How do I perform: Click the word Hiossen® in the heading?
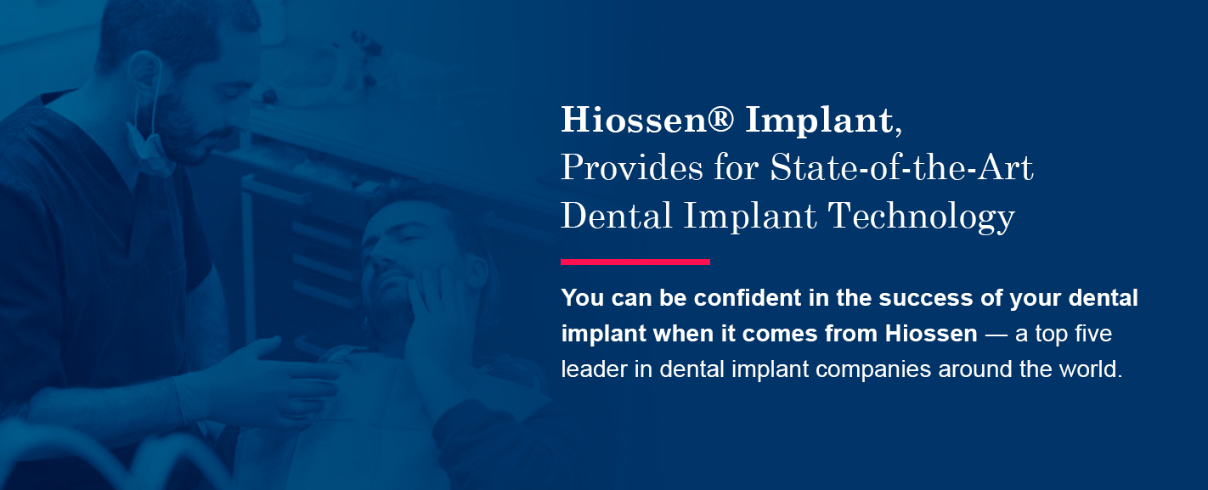[x=647, y=119]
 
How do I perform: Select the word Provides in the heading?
[x=632, y=167]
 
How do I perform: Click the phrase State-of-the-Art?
[x=901, y=167]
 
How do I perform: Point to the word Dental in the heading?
[x=617, y=216]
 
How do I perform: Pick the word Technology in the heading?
[x=922, y=217]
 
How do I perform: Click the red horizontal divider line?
[x=635, y=262]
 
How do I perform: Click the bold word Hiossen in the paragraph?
[x=931, y=334]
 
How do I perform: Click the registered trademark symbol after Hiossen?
[x=720, y=118]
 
